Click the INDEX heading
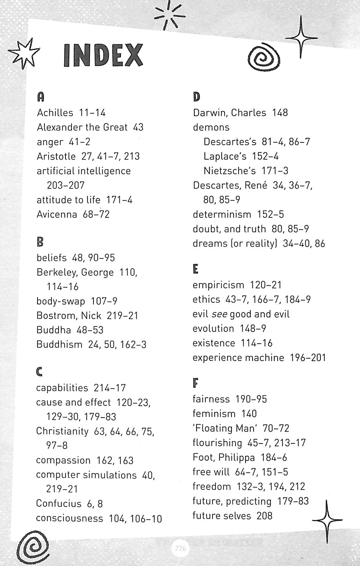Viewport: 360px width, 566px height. pyautogui.click(x=104, y=55)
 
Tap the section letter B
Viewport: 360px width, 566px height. pyautogui.click(x=40, y=242)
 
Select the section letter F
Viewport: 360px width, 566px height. pyautogui.click(x=195, y=383)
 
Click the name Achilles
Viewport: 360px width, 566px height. pyautogui.click(x=55, y=113)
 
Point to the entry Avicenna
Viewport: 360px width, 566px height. pyautogui.click(x=57, y=214)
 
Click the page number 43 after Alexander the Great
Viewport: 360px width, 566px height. pyautogui.click(x=138, y=127)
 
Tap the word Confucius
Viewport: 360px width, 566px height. pyautogui.click(x=58, y=503)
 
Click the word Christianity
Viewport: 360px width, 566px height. pyautogui.click(x=62, y=431)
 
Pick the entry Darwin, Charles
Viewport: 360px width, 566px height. pyautogui.click(x=229, y=113)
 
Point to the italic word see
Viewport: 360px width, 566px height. pyautogui.click(x=219, y=314)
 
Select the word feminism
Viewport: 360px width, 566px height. pyautogui.click(x=214, y=414)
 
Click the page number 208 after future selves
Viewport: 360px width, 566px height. pyautogui.click(x=264, y=516)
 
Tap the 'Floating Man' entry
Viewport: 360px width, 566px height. pyautogui.click(x=222, y=428)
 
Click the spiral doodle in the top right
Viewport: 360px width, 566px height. pyautogui.click(x=264, y=58)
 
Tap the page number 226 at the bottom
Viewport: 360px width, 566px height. pyautogui.click(x=180, y=548)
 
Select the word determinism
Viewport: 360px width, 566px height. pyautogui.click(x=222, y=214)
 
